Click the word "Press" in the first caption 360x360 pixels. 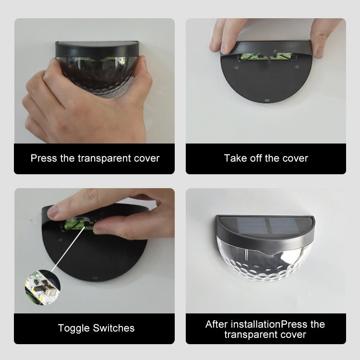pos(44,158)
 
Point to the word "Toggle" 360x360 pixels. pos(74,328)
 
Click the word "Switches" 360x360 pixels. pos(114,328)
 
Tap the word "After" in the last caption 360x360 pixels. pos(216,324)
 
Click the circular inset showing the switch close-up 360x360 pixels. pos(42,288)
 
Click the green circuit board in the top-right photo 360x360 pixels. pos(264,56)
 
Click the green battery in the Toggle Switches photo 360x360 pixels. pos(77,224)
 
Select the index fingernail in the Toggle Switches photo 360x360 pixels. pos(53,212)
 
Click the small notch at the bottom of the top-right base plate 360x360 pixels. pos(266,100)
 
